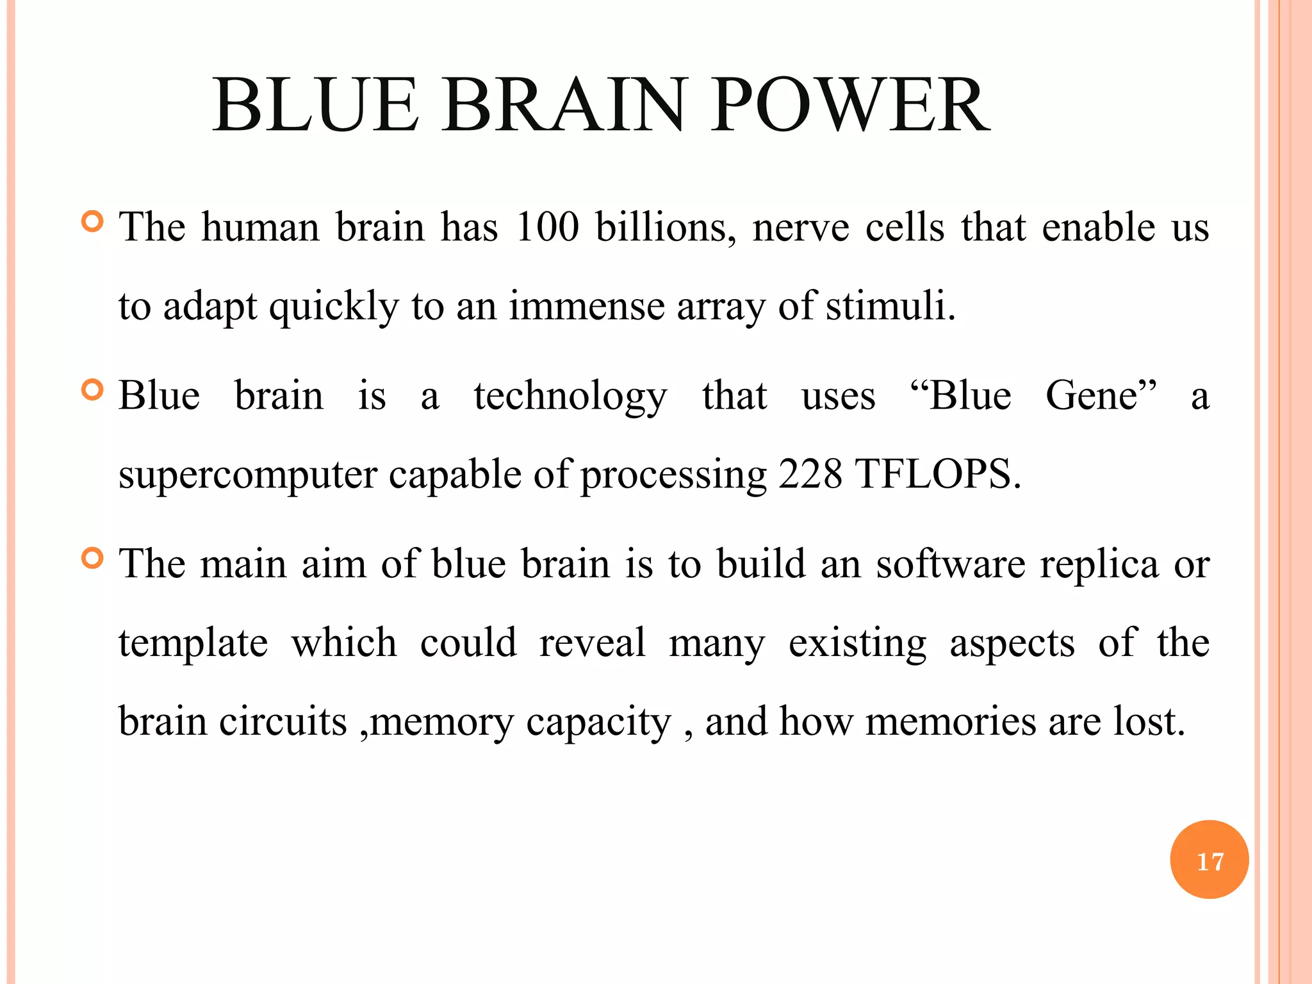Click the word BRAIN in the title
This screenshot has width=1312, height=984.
tap(564, 106)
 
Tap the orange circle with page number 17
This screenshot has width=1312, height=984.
tap(1209, 860)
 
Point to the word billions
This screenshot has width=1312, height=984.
tap(666, 227)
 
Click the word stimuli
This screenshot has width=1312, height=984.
tap(890, 306)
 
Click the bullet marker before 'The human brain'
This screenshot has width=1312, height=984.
tap(93, 222)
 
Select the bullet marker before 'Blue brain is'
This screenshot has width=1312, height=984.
tap(93, 390)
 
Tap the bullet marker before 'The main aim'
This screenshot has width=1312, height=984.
tap(93, 559)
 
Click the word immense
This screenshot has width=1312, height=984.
tap(587, 306)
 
